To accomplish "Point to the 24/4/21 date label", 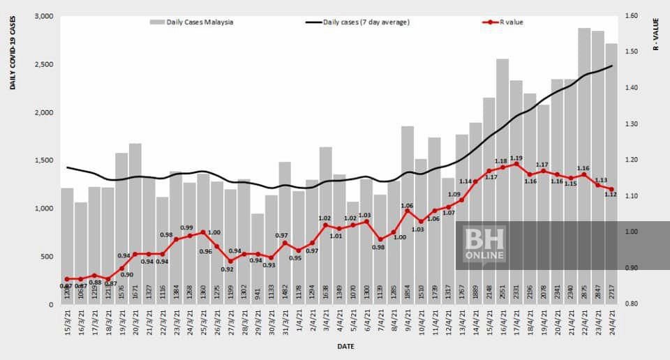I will coord(612,322).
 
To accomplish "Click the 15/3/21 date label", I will coord(68,322).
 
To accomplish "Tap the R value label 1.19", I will coord(516,158).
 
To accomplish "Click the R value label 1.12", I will coord(611,195).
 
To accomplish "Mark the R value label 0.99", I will coord(186,228).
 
